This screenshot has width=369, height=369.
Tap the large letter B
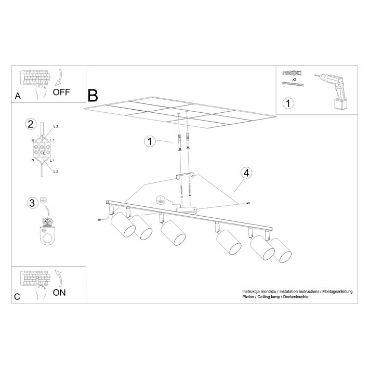[x=93, y=95]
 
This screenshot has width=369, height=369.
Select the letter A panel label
[x=18, y=96]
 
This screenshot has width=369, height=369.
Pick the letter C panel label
[x=17, y=297]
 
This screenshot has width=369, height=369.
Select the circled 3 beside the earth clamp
[x=32, y=203]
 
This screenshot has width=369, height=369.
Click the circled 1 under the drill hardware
[x=289, y=103]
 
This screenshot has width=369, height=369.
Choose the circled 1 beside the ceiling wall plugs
[x=150, y=141]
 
